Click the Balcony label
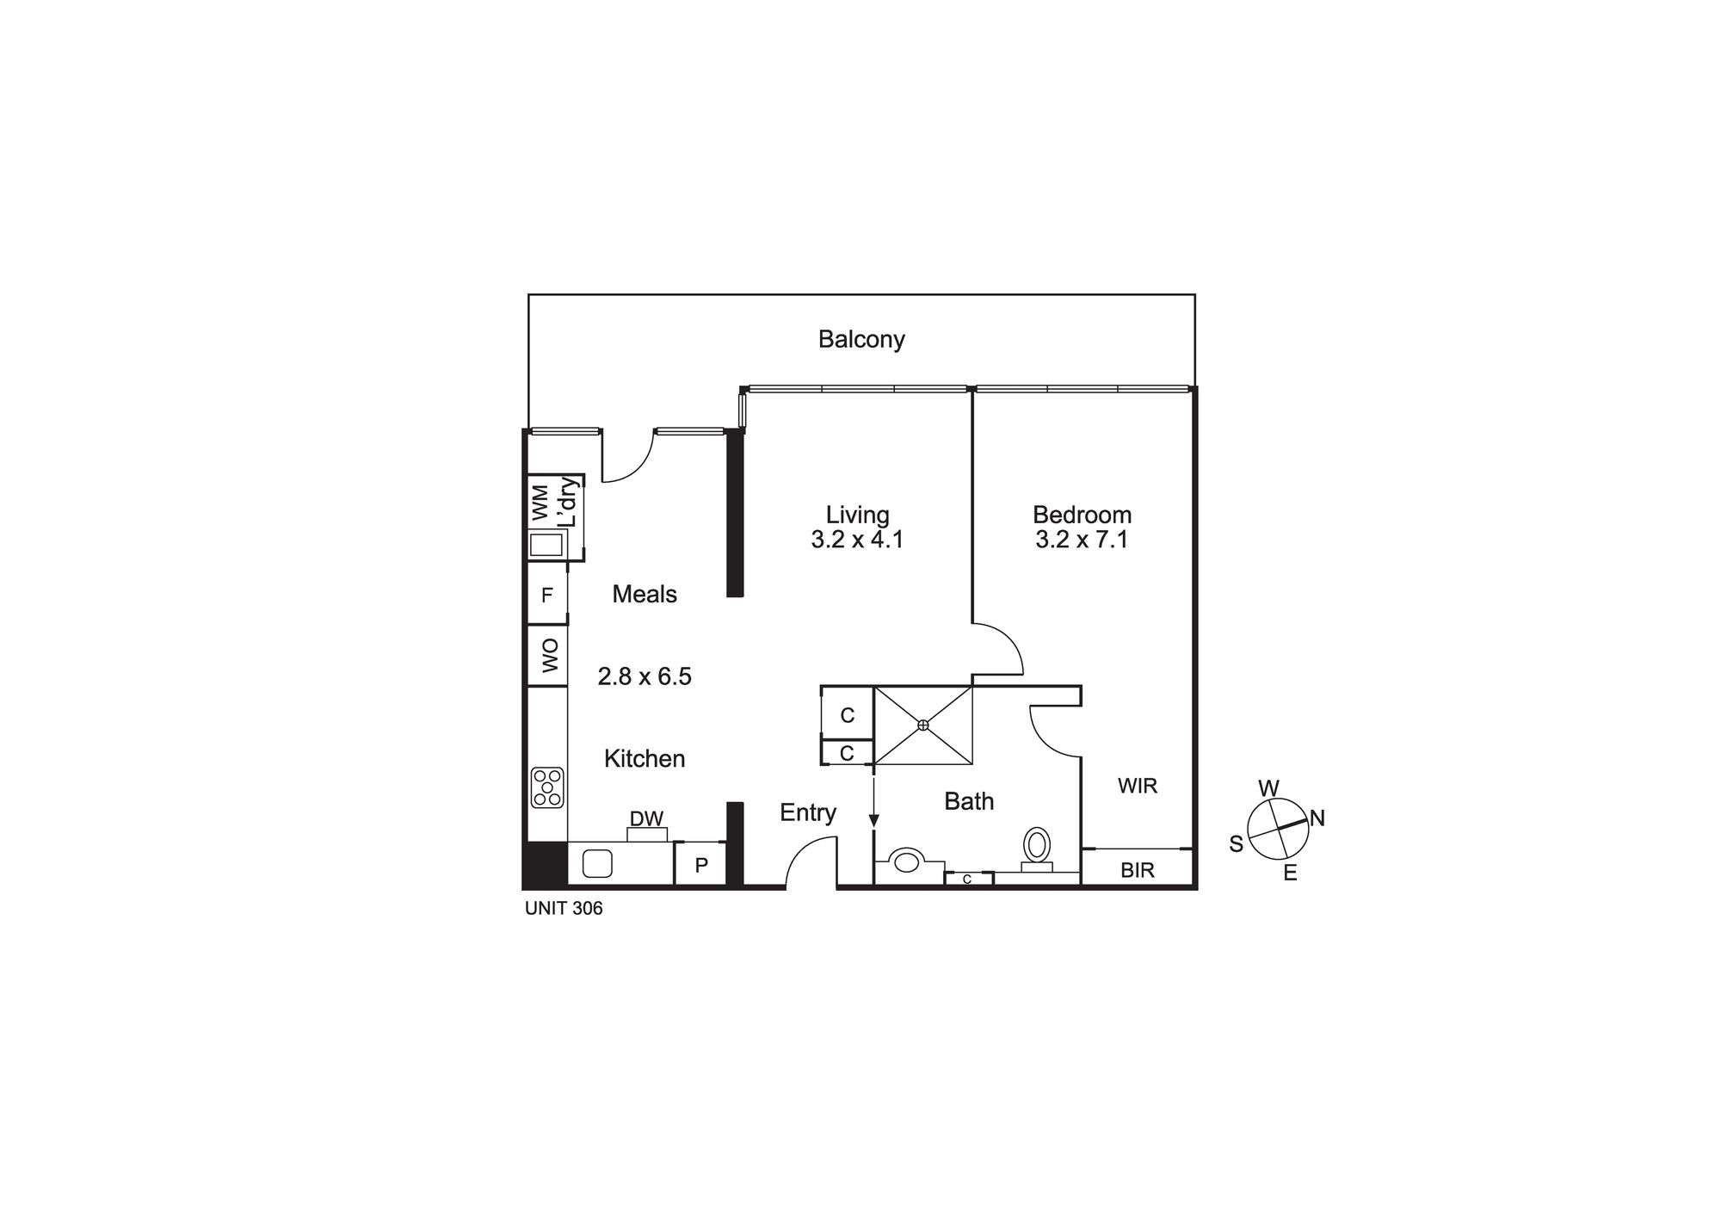point(860,339)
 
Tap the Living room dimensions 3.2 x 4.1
point(857,540)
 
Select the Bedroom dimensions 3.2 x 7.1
point(1082,540)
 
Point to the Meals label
point(645,594)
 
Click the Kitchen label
point(645,758)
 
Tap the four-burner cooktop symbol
point(547,787)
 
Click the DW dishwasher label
point(646,818)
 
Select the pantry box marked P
point(700,866)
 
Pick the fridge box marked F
point(546,595)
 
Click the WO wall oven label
point(550,655)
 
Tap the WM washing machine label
point(540,503)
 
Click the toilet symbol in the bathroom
point(1037,845)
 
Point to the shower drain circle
point(923,725)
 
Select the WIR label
point(1137,786)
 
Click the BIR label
point(1137,870)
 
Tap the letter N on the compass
point(1317,818)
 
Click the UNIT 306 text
point(564,909)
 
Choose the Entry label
point(808,812)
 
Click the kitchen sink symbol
point(597,863)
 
